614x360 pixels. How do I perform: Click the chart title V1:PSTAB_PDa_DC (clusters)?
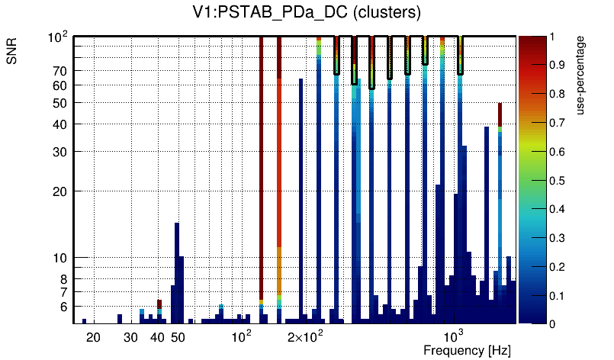(x=307, y=13)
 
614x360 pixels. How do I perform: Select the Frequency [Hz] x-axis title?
(x=467, y=350)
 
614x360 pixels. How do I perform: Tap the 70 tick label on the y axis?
(x=59, y=71)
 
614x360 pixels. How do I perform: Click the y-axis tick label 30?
(x=59, y=151)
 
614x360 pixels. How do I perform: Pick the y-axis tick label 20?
(x=59, y=191)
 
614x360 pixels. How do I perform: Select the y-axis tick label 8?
(x=63, y=279)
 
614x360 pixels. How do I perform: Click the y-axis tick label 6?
(x=63, y=307)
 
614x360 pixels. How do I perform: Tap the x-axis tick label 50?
(x=178, y=337)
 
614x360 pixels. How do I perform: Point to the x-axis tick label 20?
(x=93, y=337)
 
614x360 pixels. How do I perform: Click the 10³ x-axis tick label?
(x=454, y=336)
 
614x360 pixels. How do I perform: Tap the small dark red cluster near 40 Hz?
(x=159, y=304)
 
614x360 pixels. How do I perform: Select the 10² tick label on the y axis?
(x=58, y=37)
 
